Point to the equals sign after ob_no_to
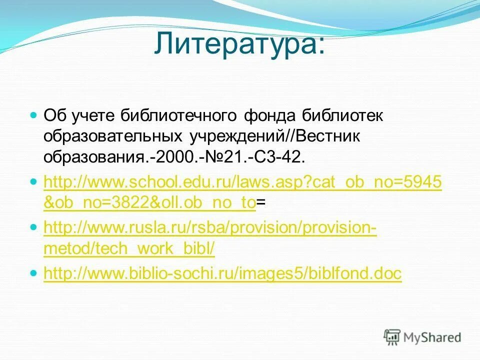pyautogui.click(x=261, y=202)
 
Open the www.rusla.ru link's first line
pyautogui.click(x=210, y=228)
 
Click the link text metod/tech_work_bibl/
pyautogui.click(x=129, y=249)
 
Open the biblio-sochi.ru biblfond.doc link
pyautogui.click(x=222, y=273)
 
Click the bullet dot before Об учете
pyautogui.click(x=34, y=115)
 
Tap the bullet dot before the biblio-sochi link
pyautogui.click(x=34, y=273)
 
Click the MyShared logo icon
pyautogui.click(x=392, y=336)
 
